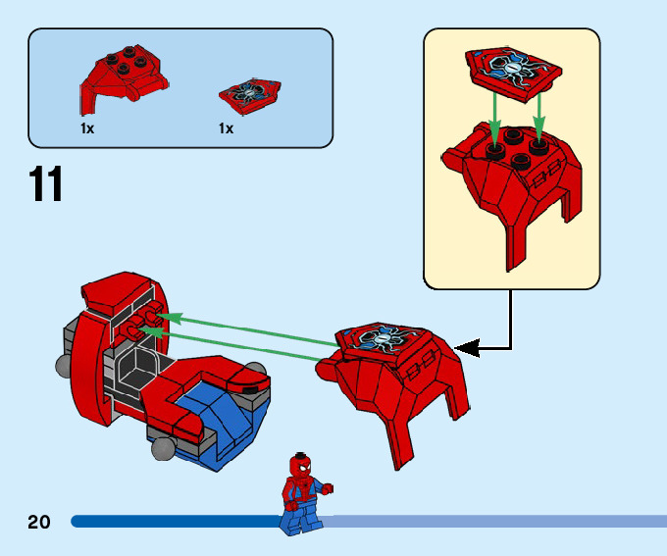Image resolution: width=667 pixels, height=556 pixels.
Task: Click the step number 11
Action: coord(45,183)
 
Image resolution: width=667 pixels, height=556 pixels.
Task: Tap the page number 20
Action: coord(38,522)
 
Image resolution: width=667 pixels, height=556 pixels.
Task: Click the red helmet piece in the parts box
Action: coord(124,78)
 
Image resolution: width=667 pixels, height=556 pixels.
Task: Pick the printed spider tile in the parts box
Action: coord(250,95)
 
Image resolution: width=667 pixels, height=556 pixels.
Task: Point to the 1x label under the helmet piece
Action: coord(87,128)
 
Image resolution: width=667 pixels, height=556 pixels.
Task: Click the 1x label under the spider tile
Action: coord(226,128)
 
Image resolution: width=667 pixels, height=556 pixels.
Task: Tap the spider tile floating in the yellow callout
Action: coord(513,74)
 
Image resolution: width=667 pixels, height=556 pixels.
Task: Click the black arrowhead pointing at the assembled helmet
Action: coord(468,348)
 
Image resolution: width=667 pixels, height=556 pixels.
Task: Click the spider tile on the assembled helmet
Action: coord(382,340)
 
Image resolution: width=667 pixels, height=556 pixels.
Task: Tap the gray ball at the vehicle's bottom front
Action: coord(164,449)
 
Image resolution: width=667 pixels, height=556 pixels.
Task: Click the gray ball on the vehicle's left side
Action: coord(64,367)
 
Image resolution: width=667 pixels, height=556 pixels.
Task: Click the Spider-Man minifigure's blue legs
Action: coord(301,517)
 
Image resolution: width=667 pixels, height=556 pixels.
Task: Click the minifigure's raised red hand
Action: coord(327,489)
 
